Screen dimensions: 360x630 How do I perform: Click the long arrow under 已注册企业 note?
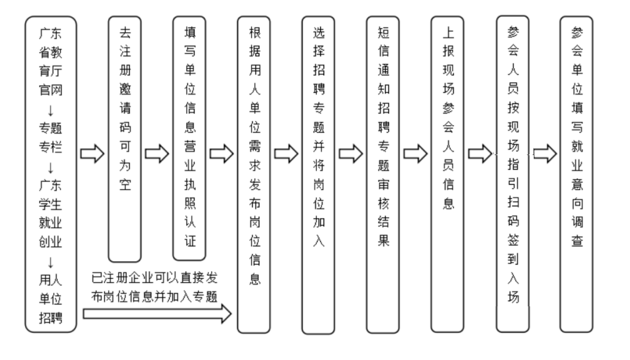point(157,315)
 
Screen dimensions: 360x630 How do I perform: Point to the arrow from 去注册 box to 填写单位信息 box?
point(157,154)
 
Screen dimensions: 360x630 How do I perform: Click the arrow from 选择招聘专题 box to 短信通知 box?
point(351,154)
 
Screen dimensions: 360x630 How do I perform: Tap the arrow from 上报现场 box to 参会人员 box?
point(480,154)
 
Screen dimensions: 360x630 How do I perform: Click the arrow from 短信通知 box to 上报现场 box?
point(415,154)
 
